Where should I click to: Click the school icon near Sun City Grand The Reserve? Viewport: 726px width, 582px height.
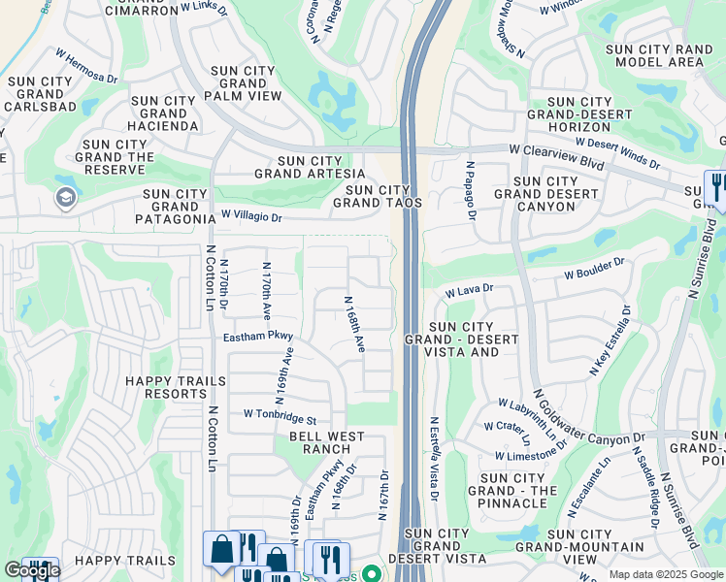(x=66, y=198)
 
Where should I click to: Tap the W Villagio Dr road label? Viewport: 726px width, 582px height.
(x=251, y=217)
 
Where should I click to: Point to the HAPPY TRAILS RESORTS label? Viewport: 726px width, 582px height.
(x=167, y=387)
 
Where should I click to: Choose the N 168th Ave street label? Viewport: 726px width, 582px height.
(x=354, y=324)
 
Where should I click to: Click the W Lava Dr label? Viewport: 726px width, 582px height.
(x=470, y=289)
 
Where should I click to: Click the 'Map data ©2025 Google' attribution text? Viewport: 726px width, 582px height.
(x=665, y=574)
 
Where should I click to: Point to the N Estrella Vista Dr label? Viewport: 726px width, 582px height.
(x=434, y=459)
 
